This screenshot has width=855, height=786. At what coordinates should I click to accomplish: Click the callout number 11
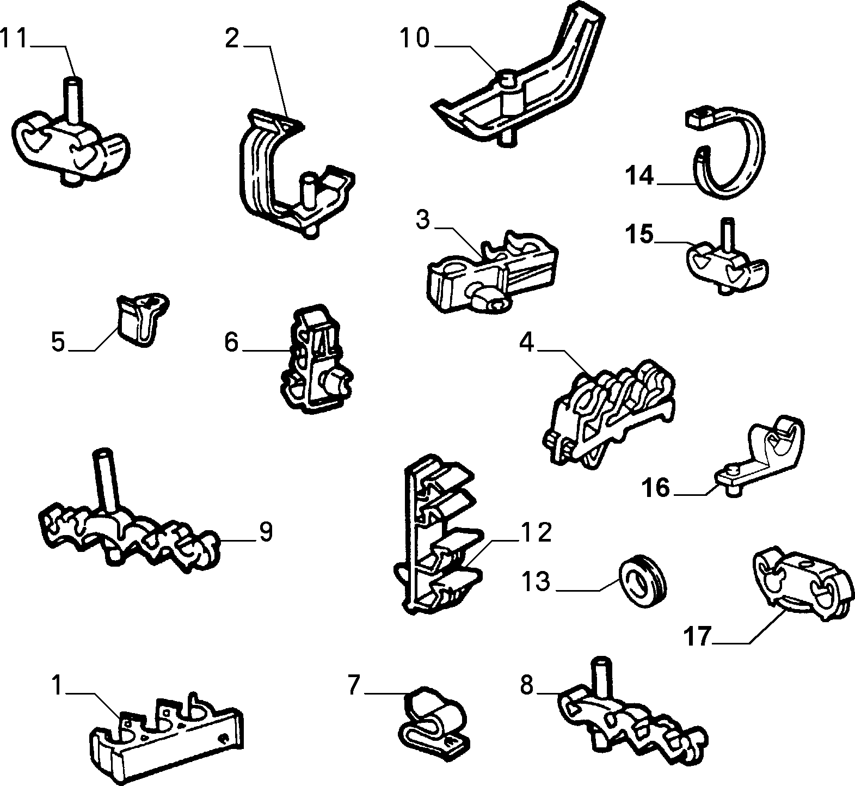tap(14, 39)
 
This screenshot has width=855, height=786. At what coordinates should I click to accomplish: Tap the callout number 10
tap(415, 39)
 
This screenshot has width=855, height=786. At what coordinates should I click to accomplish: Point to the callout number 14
tap(639, 176)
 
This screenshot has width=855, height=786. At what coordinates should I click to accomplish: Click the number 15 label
tap(639, 235)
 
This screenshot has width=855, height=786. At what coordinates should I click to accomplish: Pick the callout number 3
tap(423, 220)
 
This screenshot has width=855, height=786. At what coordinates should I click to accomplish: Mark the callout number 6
tap(231, 342)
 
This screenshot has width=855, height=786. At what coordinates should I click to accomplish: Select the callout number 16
tap(655, 487)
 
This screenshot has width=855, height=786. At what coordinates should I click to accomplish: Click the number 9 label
tap(265, 532)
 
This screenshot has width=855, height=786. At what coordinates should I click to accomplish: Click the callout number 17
tap(698, 636)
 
